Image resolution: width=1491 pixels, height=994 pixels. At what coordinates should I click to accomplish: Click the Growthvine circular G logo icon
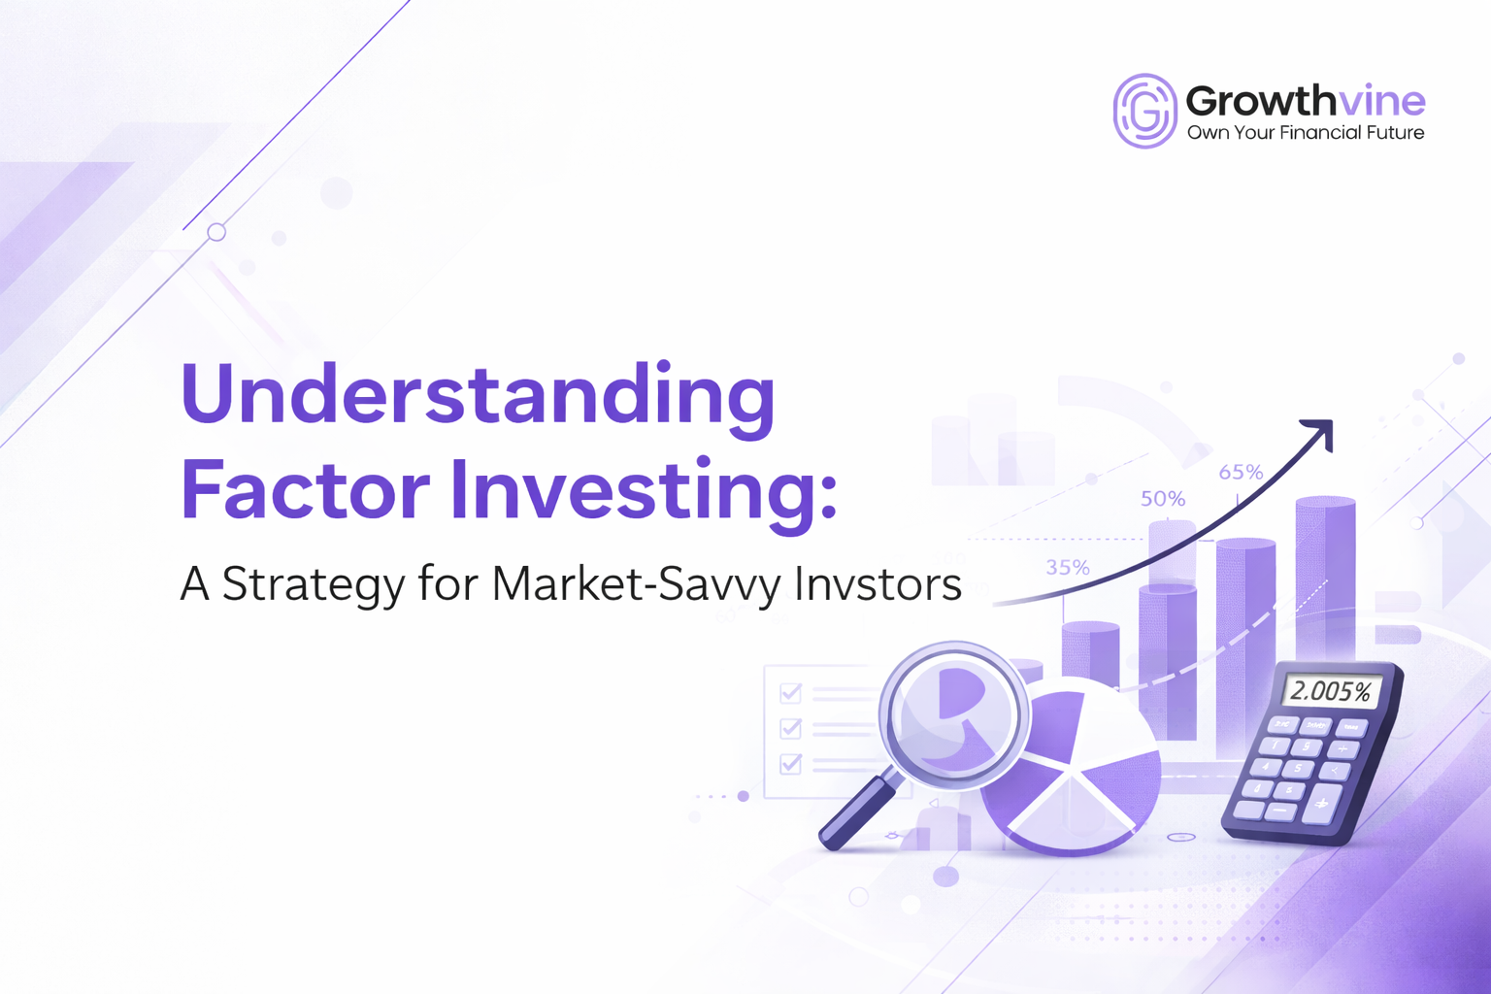(1145, 111)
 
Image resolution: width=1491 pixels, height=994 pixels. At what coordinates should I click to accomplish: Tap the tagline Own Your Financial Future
(1306, 133)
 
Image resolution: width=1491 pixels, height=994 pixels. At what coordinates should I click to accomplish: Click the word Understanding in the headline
(478, 395)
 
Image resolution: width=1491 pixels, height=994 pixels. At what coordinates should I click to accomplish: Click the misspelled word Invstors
(878, 583)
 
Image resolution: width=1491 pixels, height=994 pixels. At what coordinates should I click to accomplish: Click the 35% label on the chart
(1068, 568)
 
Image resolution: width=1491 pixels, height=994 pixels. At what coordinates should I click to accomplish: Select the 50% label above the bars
(1163, 499)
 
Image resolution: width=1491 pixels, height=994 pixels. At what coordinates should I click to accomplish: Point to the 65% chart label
(1242, 473)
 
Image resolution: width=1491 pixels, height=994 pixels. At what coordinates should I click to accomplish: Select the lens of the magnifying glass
(952, 713)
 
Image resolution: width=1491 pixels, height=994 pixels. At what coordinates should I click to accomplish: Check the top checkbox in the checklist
(791, 692)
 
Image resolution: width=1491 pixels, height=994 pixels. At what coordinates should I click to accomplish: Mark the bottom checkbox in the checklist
(791, 764)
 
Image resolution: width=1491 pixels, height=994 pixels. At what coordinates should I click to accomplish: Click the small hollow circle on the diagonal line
(216, 232)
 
